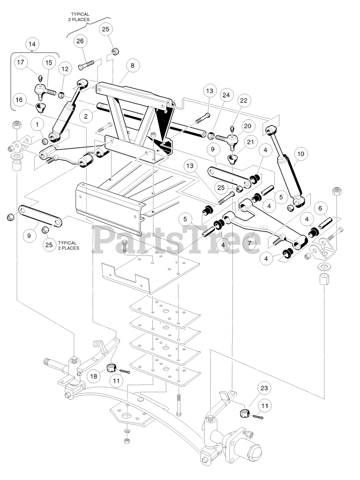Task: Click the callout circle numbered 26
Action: point(80,41)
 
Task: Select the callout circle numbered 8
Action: point(132,65)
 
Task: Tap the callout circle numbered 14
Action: point(32,44)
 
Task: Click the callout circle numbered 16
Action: point(19,99)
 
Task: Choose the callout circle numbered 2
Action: point(86,116)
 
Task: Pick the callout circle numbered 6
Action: point(320,208)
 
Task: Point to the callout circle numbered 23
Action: point(264,388)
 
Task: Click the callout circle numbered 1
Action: point(37,123)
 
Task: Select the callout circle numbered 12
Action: point(65,69)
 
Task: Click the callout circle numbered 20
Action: point(248,126)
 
